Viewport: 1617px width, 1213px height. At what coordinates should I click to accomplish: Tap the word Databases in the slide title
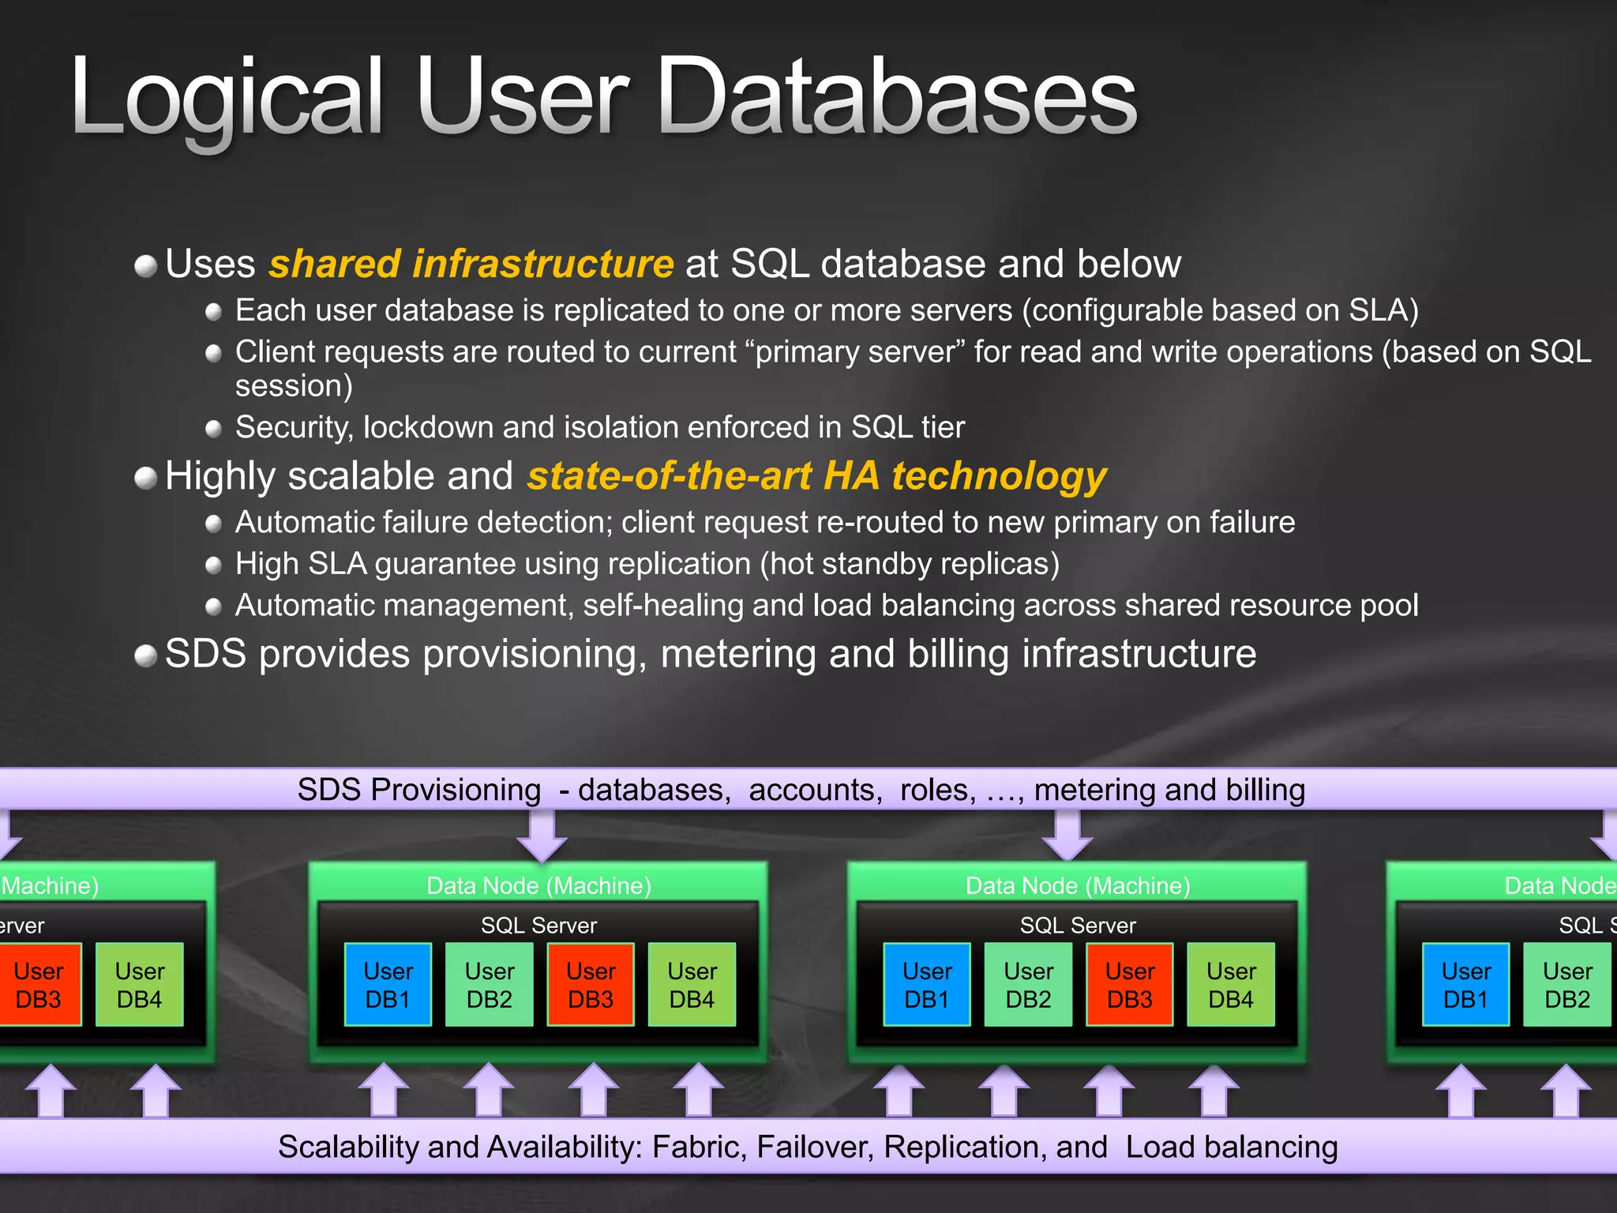click(x=896, y=99)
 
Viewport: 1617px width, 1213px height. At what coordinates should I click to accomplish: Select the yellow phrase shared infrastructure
click(x=471, y=264)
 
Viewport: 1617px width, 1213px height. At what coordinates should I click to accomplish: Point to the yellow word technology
click(x=999, y=476)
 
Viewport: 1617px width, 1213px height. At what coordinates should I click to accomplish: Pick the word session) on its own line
click(x=294, y=386)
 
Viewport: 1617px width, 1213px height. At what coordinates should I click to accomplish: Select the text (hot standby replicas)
click(x=910, y=564)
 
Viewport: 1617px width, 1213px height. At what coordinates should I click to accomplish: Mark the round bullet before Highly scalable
click(x=146, y=478)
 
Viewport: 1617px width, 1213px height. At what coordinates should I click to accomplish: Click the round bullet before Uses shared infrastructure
click(x=146, y=266)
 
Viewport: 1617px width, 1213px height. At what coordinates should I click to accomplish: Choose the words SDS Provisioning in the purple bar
click(x=418, y=790)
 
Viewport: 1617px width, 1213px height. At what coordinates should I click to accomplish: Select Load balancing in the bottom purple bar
click(x=1232, y=1147)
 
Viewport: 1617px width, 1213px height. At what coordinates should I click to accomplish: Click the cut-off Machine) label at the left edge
click(x=50, y=885)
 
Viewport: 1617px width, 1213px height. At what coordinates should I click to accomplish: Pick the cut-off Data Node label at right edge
click(x=1559, y=885)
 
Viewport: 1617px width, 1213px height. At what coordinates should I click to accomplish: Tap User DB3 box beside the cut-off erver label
click(x=38, y=985)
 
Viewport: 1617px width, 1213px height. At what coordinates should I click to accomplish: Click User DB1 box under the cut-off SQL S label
click(x=1465, y=985)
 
